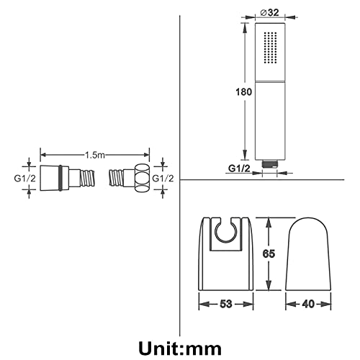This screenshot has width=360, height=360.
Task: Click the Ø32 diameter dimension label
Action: (270, 12)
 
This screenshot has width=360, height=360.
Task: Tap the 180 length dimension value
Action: (244, 92)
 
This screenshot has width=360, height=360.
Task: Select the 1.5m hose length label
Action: (95, 155)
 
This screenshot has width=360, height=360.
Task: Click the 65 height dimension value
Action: (269, 253)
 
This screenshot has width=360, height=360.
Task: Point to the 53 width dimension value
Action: (226, 304)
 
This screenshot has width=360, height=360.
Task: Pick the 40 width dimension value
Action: (308, 304)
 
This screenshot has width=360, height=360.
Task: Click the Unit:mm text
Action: (180, 348)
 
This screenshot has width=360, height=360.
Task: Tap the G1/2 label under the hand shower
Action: (239, 168)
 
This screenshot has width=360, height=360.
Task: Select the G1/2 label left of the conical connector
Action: (25, 179)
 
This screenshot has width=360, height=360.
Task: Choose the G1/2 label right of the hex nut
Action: (163, 179)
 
